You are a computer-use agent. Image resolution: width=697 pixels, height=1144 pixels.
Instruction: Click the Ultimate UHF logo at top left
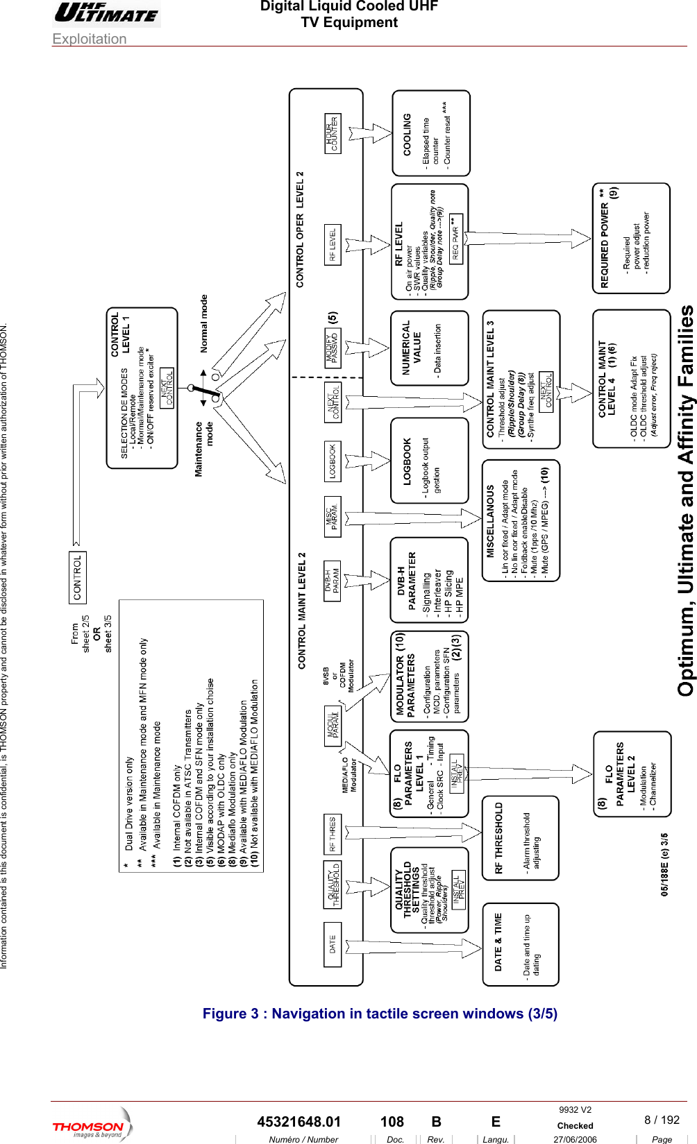point(106,13)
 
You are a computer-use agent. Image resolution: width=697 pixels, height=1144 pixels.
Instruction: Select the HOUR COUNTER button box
point(333,134)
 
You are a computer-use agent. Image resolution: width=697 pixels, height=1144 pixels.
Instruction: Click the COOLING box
point(431,133)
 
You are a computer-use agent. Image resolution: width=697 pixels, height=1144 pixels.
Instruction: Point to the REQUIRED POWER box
point(631,238)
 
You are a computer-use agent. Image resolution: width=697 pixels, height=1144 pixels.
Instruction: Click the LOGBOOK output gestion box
point(429,461)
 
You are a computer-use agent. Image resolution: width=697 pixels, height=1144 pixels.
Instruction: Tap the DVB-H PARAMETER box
point(429,579)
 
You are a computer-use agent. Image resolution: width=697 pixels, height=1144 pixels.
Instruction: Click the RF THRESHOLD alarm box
point(521,838)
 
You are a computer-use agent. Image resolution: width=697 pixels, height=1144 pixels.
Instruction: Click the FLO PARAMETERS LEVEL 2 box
point(632,774)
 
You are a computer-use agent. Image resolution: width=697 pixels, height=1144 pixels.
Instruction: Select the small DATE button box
point(333,944)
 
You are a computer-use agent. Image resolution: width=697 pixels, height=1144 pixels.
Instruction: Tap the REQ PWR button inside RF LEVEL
point(456,237)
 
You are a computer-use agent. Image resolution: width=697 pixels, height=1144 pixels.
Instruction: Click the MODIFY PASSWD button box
point(333,348)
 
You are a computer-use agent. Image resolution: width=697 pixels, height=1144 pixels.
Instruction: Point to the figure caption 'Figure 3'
point(380,1014)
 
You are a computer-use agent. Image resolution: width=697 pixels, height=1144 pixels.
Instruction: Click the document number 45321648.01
point(299,1122)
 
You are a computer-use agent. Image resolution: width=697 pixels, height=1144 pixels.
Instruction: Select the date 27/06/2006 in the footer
point(575,1139)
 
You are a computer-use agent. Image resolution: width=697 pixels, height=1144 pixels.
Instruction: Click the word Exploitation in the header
point(90,39)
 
